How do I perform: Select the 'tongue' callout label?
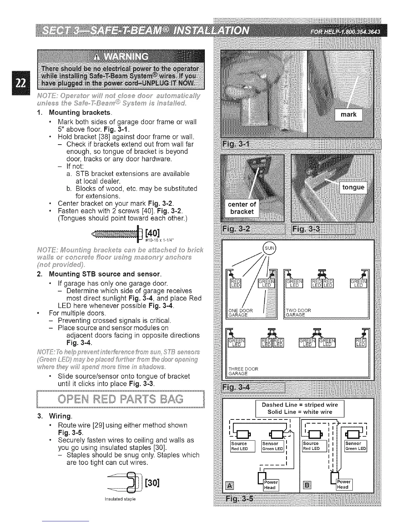coord(353,188)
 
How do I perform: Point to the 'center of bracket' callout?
coord(242,208)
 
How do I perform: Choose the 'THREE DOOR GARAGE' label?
coord(243,371)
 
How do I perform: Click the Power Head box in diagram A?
coord(271,485)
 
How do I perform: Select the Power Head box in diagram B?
coord(344,485)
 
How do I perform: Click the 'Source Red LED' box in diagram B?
coord(314,446)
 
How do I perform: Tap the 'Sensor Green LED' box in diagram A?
coord(273,446)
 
